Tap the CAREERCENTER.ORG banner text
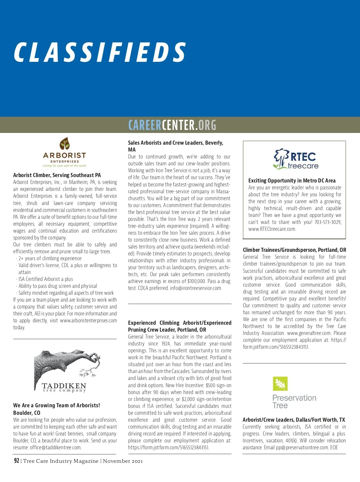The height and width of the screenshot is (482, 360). point(172,125)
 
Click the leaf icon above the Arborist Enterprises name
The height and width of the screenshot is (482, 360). point(64,144)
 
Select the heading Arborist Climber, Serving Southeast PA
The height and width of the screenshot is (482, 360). point(57,175)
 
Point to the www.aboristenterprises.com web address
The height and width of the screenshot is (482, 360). point(88,321)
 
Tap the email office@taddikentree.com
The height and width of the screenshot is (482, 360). point(55,447)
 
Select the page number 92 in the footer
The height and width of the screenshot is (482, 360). point(16,461)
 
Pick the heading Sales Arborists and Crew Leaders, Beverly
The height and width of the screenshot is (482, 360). point(175,143)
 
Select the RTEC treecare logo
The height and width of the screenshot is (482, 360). point(295,159)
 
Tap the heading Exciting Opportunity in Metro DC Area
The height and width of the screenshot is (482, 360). point(292,181)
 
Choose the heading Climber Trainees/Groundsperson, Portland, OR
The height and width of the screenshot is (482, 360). point(294,250)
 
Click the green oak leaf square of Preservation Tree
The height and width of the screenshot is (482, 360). point(280,384)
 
